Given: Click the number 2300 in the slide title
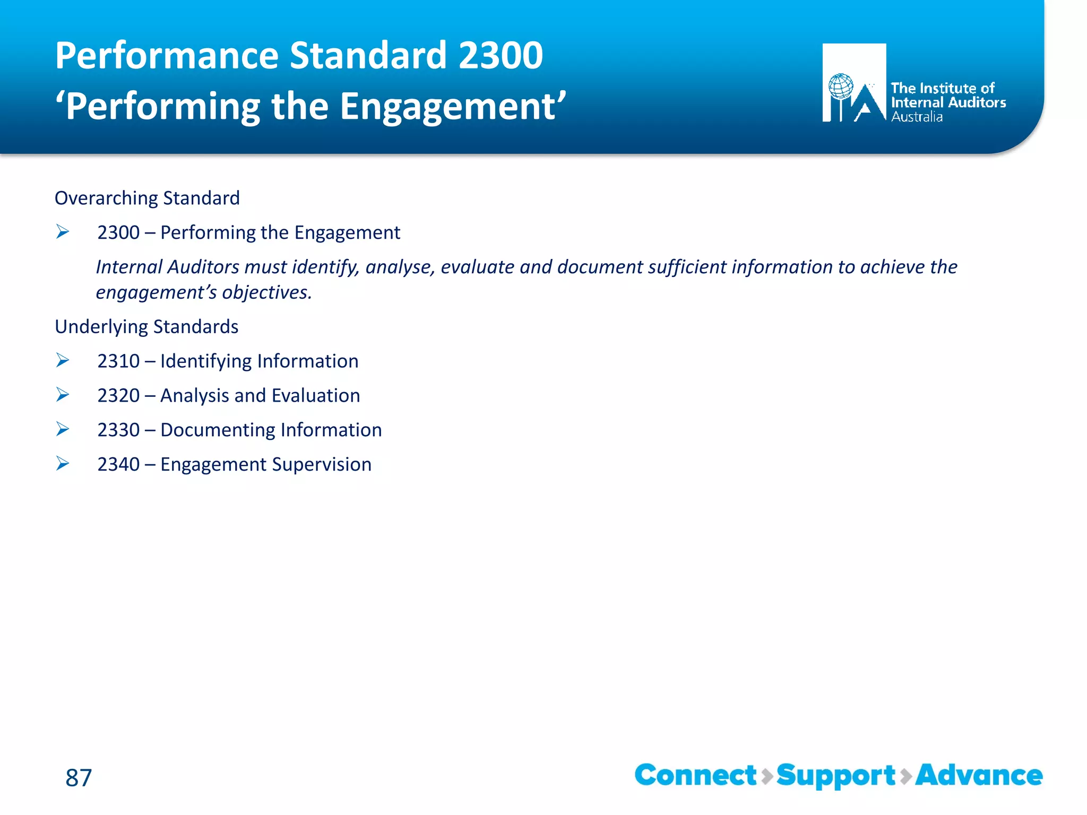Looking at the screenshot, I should pyautogui.click(x=501, y=55).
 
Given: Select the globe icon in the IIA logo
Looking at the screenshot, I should pyautogui.click(x=841, y=86).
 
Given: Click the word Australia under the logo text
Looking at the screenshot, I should pyautogui.click(x=917, y=117).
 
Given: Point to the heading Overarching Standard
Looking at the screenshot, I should pyautogui.click(x=147, y=198).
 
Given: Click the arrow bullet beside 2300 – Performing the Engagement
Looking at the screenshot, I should pyautogui.click(x=63, y=232).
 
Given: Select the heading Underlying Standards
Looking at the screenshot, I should pyautogui.click(x=146, y=327).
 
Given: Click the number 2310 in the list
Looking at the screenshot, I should pyautogui.click(x=118, y=361).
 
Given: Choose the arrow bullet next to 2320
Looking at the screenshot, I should pyautogui.click(x=63, y=395).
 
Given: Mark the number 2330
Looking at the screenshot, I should pyautogui.click(x=118, y=430).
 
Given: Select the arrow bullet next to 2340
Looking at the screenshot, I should pyautogui.click(x=63, y=464).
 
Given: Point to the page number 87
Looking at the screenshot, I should pyautogui.click(x=79, y=778).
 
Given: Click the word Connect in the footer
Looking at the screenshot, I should pyautogui.click(x=695, y=776).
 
